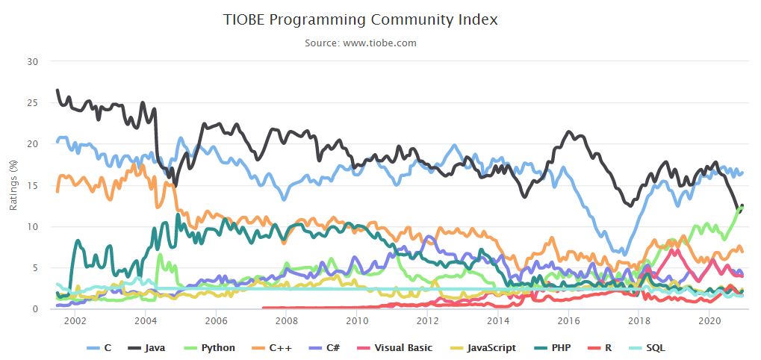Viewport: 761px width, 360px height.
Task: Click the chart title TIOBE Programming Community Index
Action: pyautogui.click(x=360, y=19)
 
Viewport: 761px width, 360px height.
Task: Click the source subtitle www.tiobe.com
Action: pyautogui.click(x=360, y=43)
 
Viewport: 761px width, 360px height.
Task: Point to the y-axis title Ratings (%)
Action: pyautogui.click(x=13, y=184)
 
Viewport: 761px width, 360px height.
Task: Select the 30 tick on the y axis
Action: pyautogui.click(x=32, y=61)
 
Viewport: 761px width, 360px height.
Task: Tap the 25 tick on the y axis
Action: pyautogui.click(x=32, y=102)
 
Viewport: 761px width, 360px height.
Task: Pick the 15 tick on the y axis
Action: pyautogui.click(x=32, y=185)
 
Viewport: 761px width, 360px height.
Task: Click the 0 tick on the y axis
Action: pyautogui.click(x=34, y=308)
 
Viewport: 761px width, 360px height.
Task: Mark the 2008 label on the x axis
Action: pyautogui.click(x=286, y=320)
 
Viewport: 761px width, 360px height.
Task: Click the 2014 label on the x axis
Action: pyautogui.click(x=497, y=320)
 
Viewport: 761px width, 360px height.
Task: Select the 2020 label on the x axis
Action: pyautogui.click(x=708, y=320)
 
